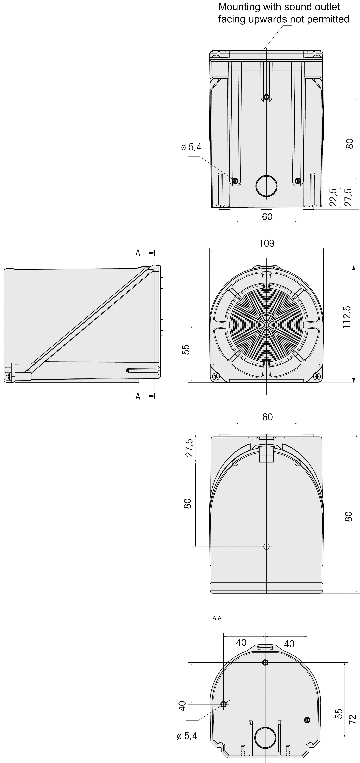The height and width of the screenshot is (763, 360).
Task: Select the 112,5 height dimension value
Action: [347, 317]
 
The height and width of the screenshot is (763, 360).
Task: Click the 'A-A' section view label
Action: [217, 618]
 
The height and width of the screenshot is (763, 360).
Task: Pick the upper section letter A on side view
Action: [138, 253]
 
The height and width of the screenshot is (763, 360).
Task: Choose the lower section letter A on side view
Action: [138, 397]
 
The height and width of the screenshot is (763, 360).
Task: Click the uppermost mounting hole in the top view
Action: [266, 97]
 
